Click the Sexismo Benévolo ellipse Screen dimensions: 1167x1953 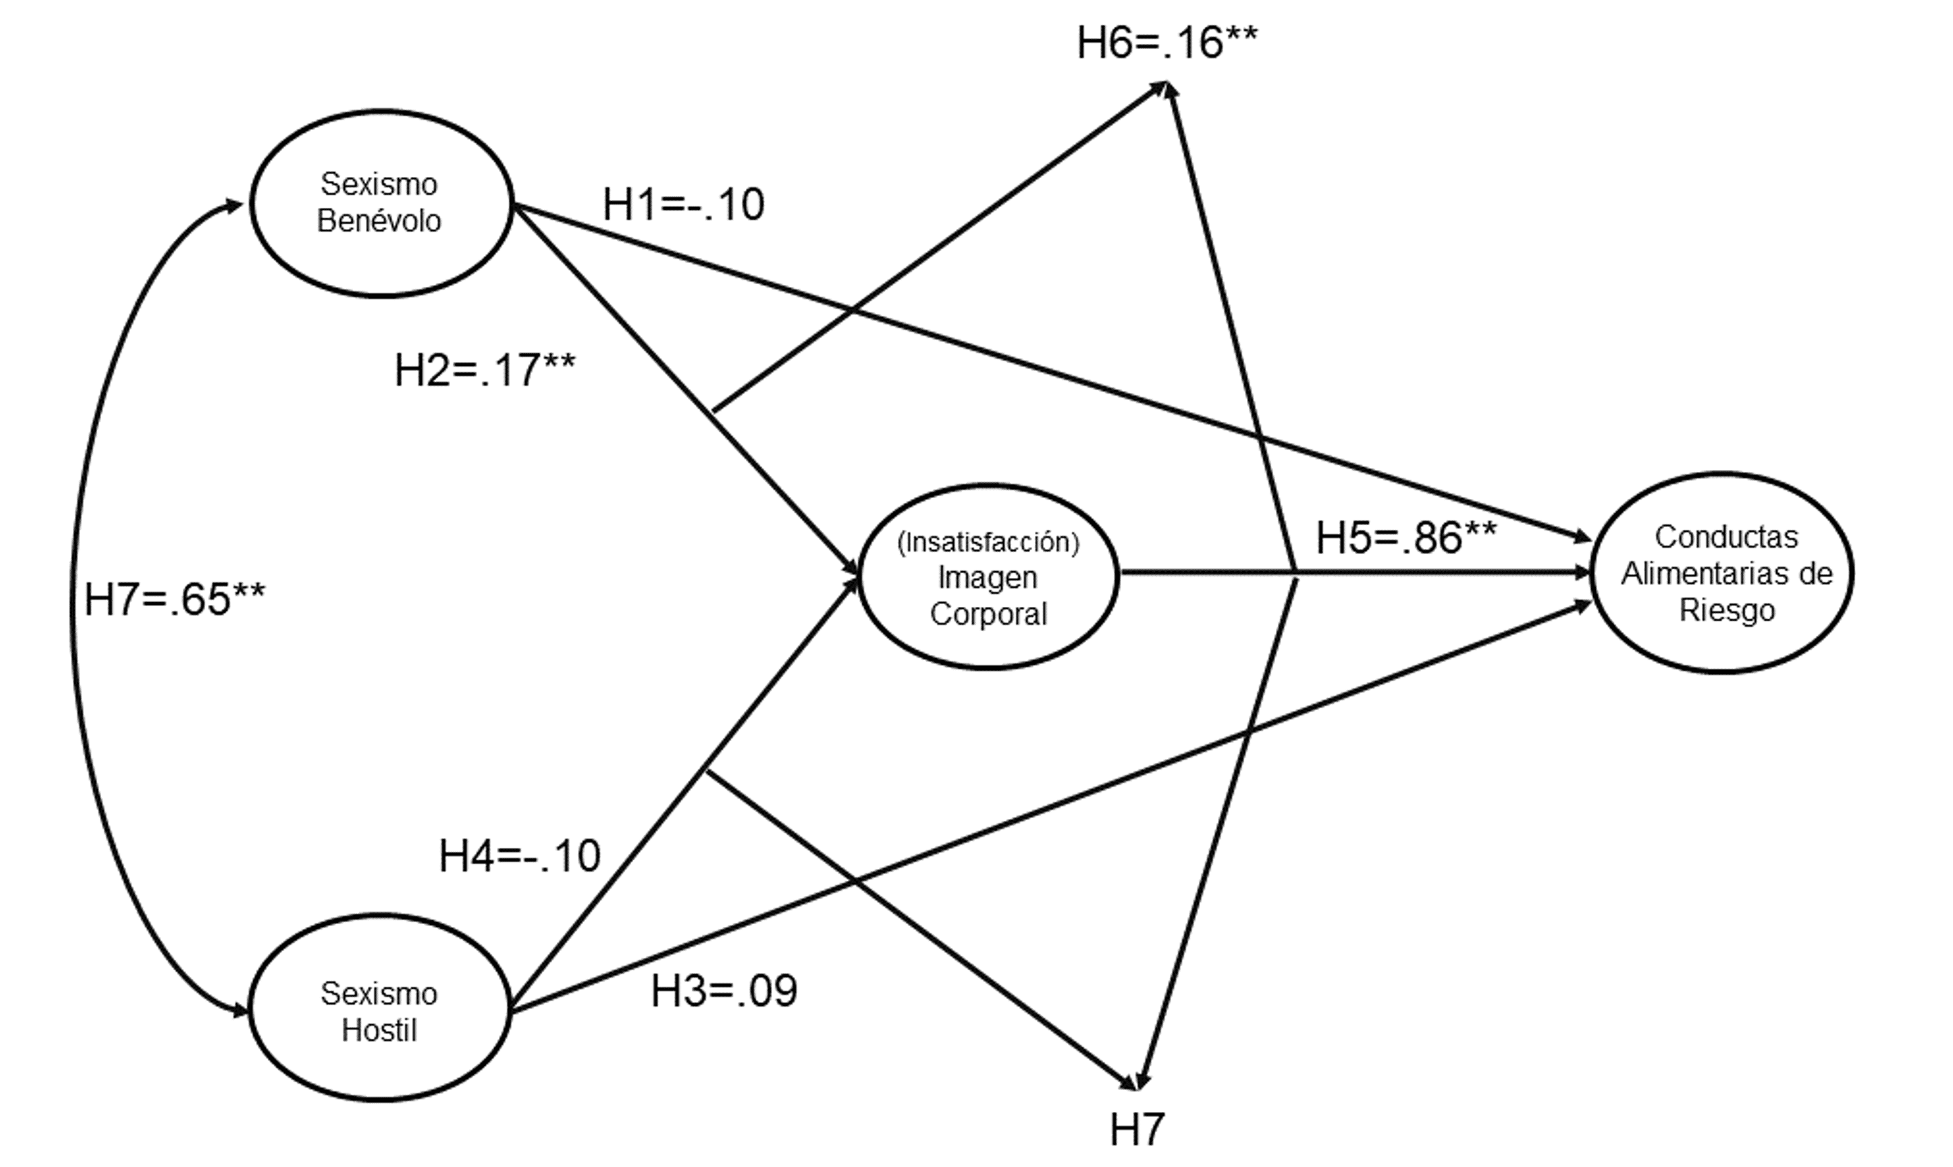(x=381, y=203)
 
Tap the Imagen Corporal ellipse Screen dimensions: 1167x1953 (x=988, y=578)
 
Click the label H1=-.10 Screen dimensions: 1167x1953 (x=683, y=204)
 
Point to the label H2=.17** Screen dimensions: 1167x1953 (x=484, y=370)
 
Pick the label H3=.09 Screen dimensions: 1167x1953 (x=723, y=991)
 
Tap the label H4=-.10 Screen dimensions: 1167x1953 (x=520, y=855)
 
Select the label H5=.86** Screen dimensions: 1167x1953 (x=1406, y=539)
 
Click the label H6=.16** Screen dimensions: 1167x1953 (x=1166, y=43)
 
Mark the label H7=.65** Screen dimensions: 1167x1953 (x=175, y=599)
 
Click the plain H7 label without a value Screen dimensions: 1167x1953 (x=1137, y=1130)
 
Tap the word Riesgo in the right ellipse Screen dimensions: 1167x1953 (x=1727, y=610)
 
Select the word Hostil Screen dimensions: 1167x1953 (x=379, y=1030)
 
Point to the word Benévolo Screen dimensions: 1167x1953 (x=379, y=222)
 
